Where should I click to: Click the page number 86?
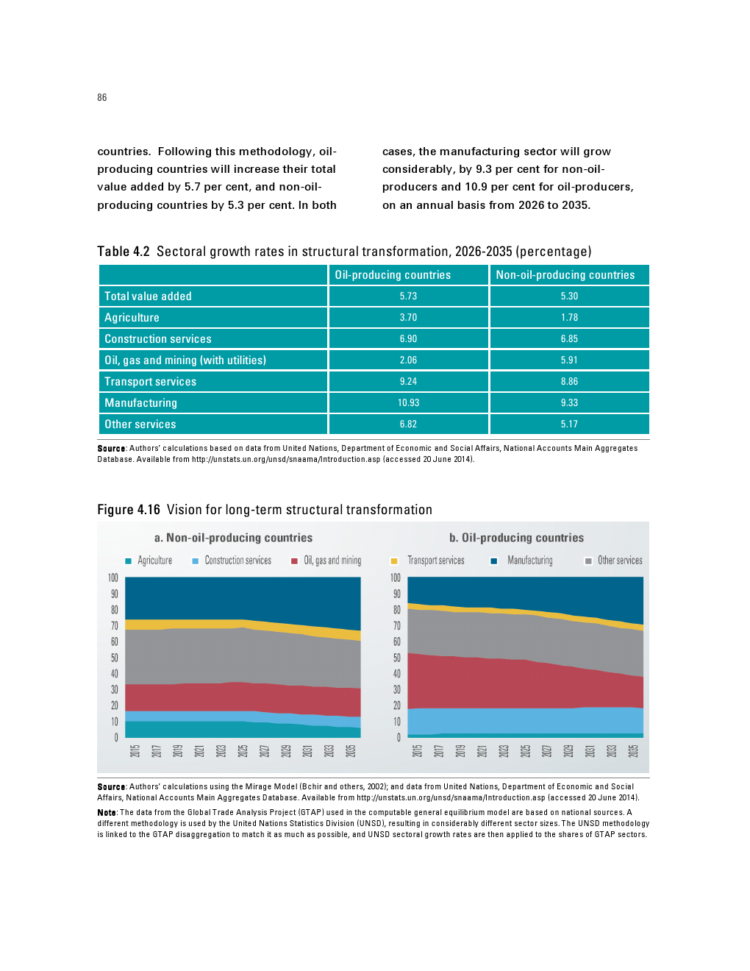[101, 97]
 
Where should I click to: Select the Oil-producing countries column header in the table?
[393, 275]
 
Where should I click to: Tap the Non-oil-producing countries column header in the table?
[565, 275]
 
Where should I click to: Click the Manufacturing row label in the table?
[140, 403]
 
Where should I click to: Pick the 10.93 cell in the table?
[408, 403]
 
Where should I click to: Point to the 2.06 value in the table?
[408, 360]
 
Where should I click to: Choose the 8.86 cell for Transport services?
[569, 382]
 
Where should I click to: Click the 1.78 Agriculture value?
[569, 318]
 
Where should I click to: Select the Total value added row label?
[148, 296]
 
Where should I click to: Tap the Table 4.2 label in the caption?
[123, 252]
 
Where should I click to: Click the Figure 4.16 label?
[129, 510]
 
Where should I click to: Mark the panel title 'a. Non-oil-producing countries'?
[233, 538]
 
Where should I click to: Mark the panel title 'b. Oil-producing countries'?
[516, 538]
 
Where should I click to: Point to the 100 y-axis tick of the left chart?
[113, 578]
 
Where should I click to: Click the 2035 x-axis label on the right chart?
[633, 750]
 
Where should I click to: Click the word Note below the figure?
[107, 813]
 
